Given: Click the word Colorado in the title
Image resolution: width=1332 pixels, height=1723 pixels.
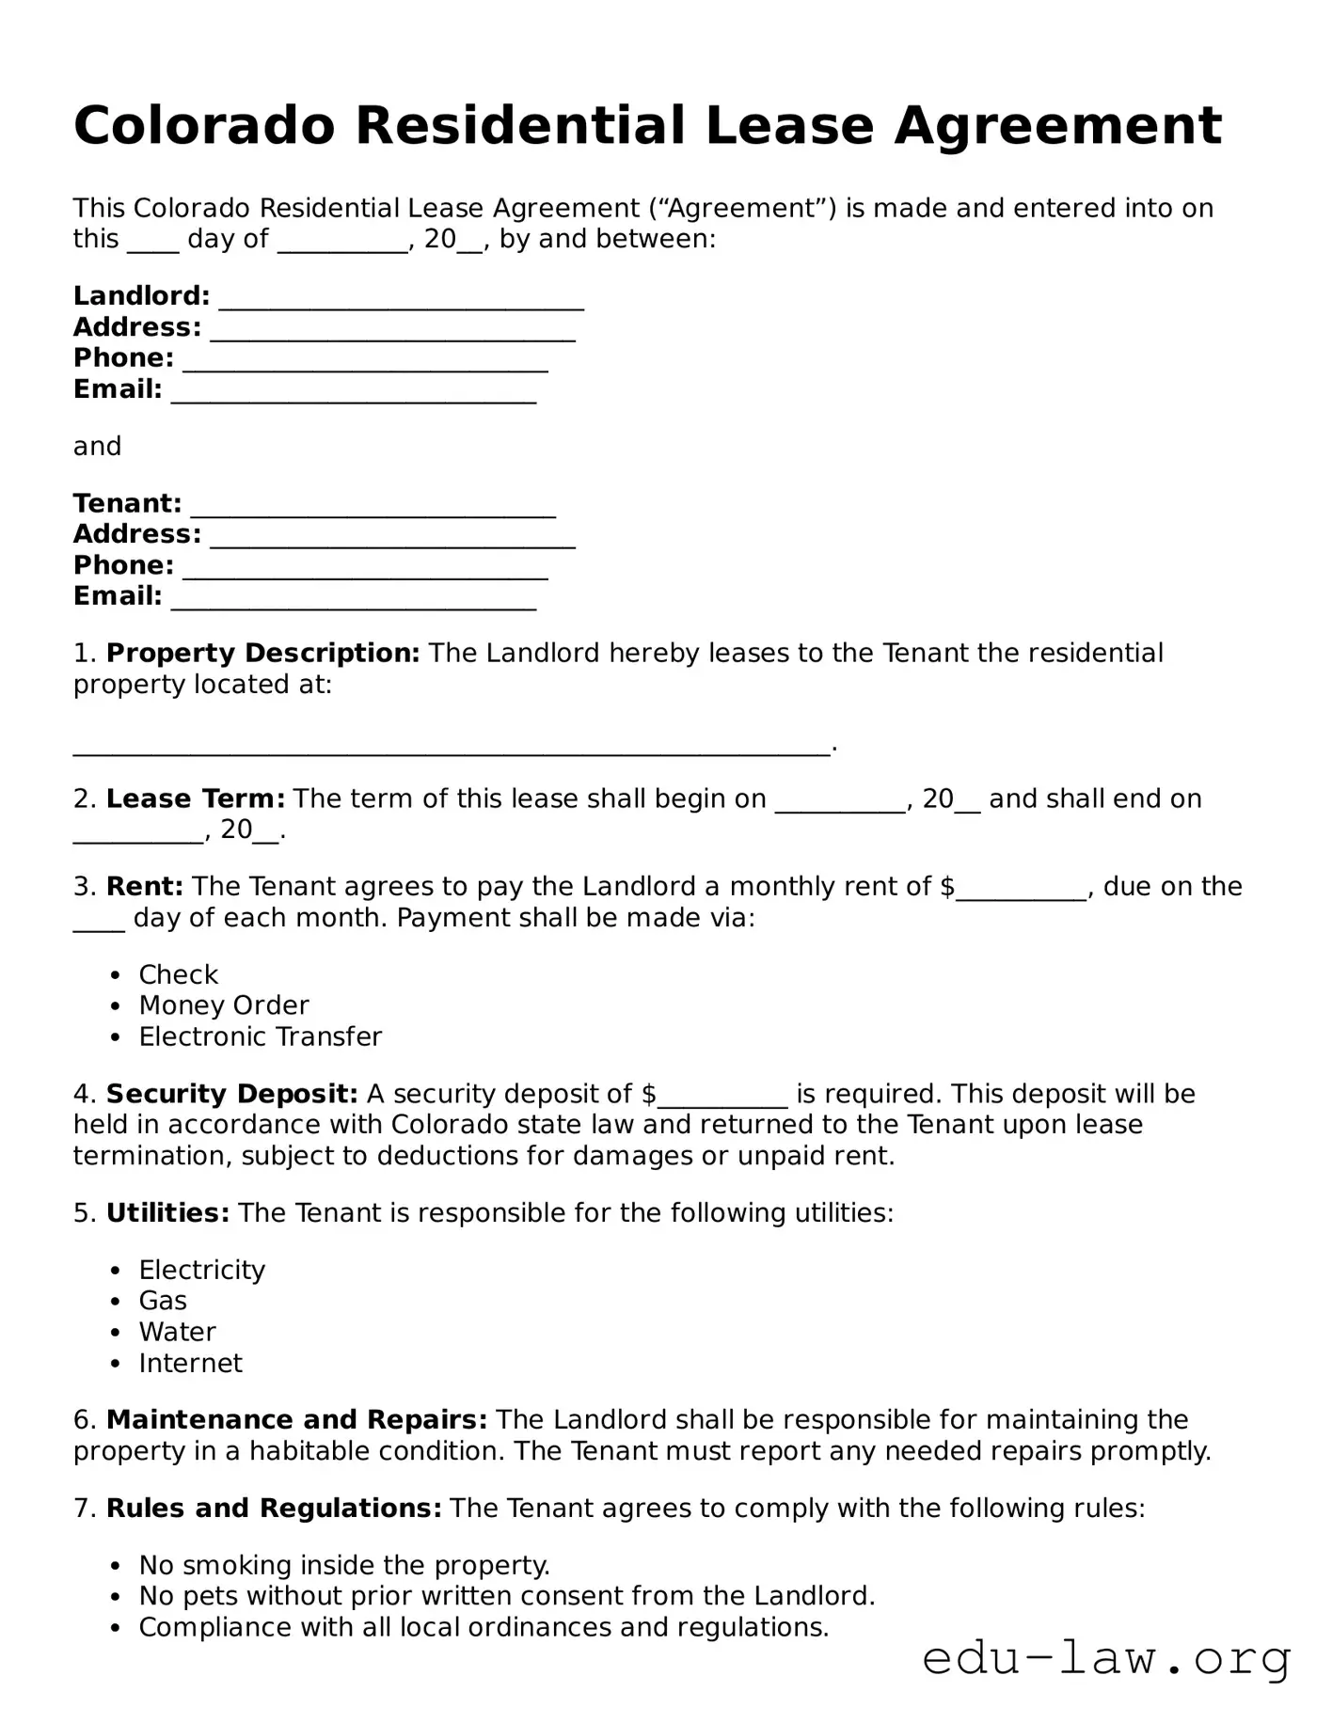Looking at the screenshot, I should coord(204,125).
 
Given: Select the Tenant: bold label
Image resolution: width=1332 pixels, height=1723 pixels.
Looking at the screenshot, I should coord(127,503).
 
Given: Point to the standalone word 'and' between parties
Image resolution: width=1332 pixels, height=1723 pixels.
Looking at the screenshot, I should coord(97,446).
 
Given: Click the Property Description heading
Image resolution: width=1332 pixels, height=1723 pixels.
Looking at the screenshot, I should coord(262,653).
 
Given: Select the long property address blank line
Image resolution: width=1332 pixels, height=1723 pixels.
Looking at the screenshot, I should coord(452,748).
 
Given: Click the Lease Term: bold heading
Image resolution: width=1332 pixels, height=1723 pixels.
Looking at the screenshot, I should coord(195,798).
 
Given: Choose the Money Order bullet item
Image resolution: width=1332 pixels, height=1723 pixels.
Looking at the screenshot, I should coord(224,1005).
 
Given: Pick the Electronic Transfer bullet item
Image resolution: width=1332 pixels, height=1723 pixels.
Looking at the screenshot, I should coord(260,1036).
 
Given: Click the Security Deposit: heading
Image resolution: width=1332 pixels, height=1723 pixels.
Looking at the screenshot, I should coord(231,1094).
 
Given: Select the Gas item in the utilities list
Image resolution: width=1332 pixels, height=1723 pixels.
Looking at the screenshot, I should coord(163,1301).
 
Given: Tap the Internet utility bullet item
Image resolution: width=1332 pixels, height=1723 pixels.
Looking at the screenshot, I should coord(190,1363).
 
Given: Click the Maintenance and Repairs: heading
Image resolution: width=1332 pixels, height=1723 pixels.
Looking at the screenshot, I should coord(296,1419).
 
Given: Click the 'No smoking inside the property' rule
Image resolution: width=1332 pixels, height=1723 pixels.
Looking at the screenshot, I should coord(344,1565).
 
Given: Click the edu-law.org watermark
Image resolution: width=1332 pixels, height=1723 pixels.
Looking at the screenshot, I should coord(1106,1659).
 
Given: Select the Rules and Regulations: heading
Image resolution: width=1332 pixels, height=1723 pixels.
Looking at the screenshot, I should coord(274,1508).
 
